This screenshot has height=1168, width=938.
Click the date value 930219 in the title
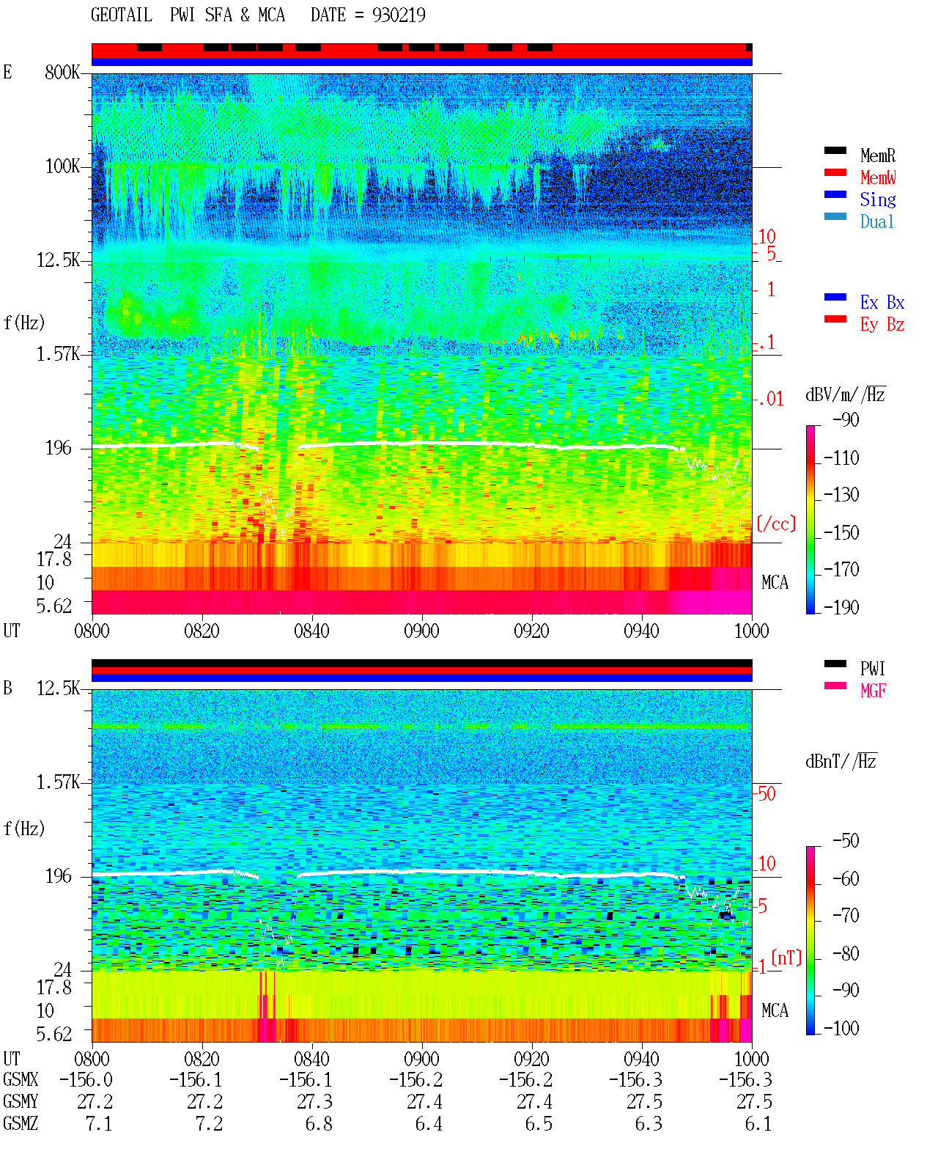399,15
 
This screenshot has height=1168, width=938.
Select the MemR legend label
878,155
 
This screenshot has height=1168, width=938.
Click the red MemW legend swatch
835,172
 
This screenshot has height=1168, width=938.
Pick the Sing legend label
878,199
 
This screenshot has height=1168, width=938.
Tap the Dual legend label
877,221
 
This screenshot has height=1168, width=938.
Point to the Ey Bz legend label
882,324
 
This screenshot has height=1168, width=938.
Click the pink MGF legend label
873,691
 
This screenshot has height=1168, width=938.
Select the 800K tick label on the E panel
62,72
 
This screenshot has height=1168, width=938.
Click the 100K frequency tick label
62,166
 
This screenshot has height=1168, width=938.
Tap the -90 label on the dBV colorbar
846,419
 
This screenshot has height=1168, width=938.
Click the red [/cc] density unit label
776,524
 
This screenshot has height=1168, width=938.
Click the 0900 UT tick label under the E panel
421,631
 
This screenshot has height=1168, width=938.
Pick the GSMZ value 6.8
319,1123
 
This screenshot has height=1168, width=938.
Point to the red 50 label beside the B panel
767,793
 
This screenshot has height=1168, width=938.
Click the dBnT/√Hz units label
841,761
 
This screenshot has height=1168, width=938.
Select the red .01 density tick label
771,399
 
